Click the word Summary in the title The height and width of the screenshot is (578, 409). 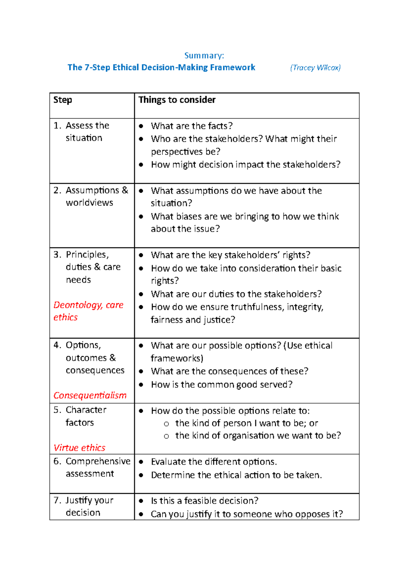point(204,56)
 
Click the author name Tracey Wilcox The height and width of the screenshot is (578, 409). point(315,67)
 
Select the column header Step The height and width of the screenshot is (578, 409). point(63,100)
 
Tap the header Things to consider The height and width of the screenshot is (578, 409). point(177,100)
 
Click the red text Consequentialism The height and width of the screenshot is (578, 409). point(90,395)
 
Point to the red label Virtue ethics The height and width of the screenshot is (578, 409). point(79,447)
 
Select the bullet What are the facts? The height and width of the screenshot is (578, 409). point(192,126)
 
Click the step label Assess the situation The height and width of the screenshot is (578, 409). point(87,132)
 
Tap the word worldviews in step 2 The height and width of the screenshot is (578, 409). point(89,202)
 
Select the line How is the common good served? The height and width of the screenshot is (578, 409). point(222,384)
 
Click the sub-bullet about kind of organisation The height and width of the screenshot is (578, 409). point(258,436)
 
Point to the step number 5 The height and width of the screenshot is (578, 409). point(57,410)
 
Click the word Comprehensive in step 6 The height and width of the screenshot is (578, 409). point(98,461)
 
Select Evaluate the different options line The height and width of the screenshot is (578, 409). point(214,462)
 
